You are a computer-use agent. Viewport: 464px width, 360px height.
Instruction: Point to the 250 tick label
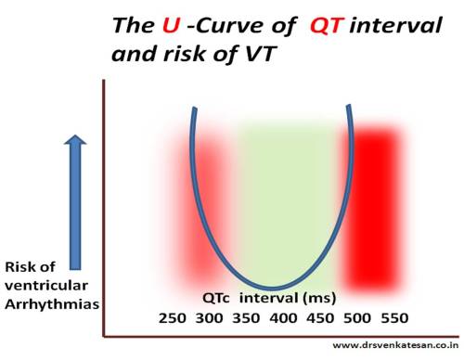click(x=174, y=317)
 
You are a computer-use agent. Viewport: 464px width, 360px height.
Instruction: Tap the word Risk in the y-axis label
click(x=25, y=266)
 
